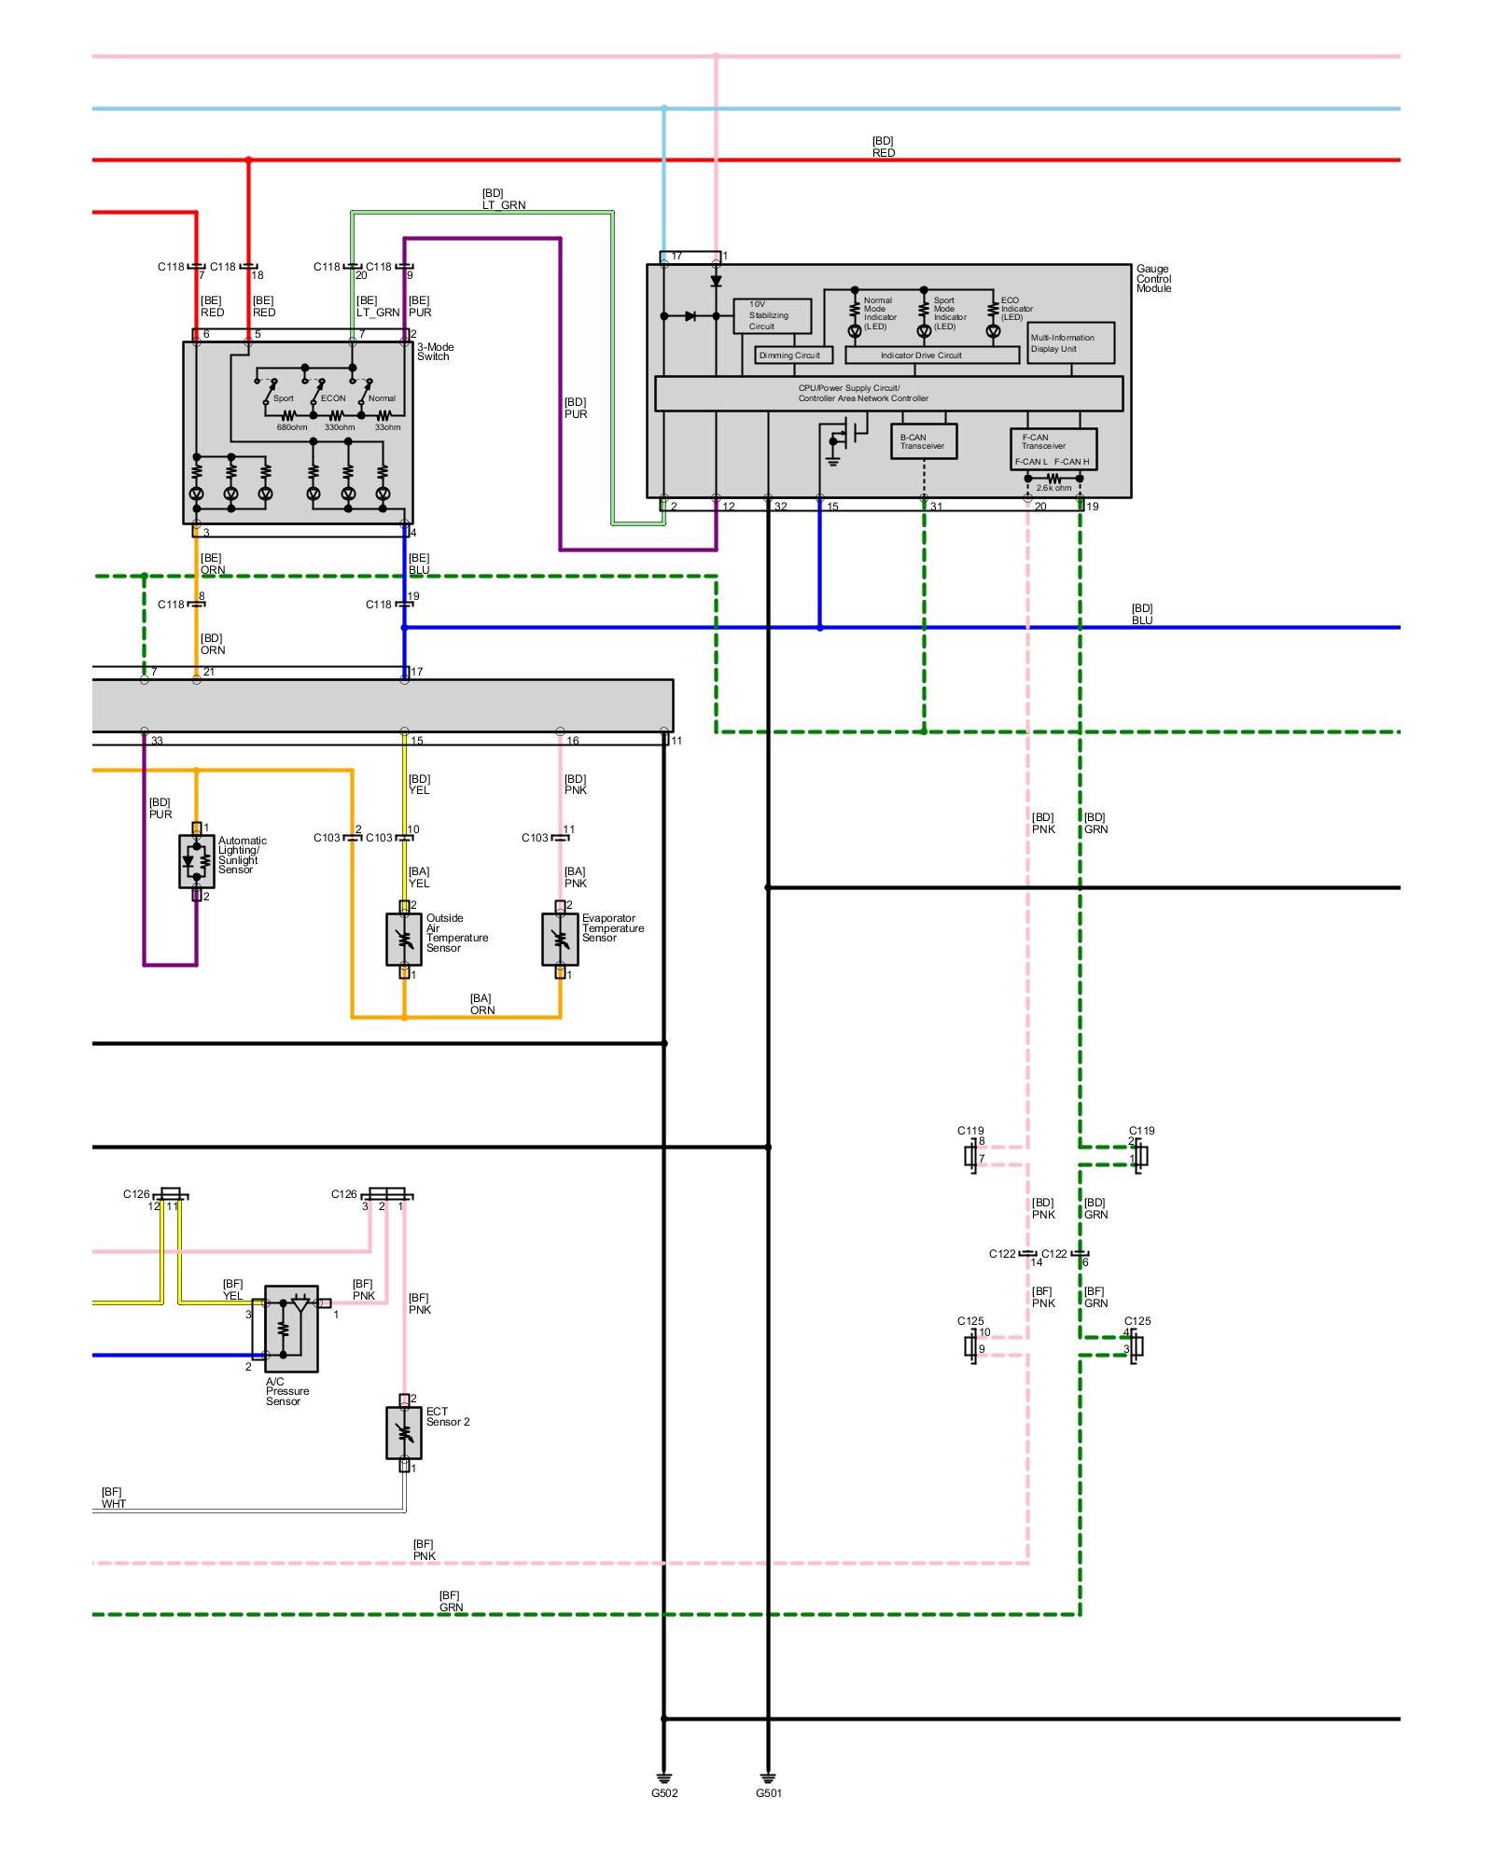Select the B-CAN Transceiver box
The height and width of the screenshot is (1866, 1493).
924,441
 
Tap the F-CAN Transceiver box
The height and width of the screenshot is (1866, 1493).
1053,449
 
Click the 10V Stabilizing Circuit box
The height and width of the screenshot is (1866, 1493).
773,315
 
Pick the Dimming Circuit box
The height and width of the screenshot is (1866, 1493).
793,355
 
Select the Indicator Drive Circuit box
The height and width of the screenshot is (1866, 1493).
932,355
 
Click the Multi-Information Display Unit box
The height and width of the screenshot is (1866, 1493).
1071,343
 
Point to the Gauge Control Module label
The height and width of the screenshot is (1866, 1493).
1154,279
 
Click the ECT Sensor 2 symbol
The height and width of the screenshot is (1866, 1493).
404,1433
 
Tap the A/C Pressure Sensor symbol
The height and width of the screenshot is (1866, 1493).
291,1329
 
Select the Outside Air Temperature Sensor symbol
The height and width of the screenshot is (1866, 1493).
404,940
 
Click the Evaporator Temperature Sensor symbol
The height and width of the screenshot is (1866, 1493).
560,940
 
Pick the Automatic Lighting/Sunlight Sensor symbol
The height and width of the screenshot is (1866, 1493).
196,861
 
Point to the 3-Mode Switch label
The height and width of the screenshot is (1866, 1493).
436,352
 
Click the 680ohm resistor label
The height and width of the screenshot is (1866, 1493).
292,427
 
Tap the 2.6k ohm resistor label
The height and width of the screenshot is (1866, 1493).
1053,488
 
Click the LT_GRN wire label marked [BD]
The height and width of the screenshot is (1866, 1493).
504,200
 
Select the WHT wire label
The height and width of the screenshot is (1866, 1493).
114,1498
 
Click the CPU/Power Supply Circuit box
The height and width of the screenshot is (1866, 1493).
889,394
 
